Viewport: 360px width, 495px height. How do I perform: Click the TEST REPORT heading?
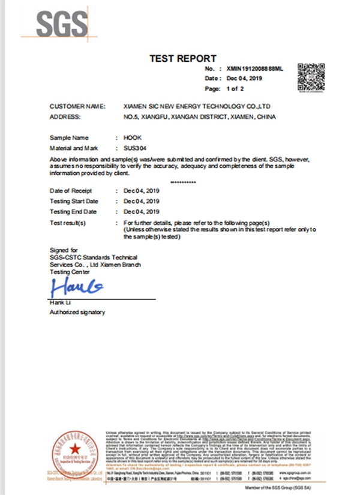point(182,58)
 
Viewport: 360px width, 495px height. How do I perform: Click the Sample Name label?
point(68,137)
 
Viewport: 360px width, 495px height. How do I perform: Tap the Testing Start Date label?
point(74,201)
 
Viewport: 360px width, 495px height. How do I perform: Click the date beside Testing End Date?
point(141,212)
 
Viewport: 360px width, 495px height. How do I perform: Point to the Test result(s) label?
point(68,223)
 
